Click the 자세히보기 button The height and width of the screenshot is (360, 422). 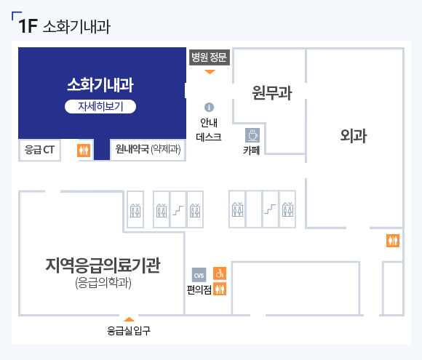point(100,107)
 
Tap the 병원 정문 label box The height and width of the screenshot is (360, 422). point(210,57)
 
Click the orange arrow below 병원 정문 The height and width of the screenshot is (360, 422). point(210,72)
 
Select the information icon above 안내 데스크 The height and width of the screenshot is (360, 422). point(209,107)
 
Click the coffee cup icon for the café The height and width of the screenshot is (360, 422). point(252,135)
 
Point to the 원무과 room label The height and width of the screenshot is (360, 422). point(272,93)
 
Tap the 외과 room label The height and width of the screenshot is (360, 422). point(354,135)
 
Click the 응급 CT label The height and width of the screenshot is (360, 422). point(39,150)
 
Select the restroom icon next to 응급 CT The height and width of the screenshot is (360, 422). point(84,151)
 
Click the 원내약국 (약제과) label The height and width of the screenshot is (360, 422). point(148,149)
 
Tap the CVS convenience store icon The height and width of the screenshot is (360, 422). point(199,275)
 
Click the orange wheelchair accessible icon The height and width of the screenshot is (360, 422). point(220,273)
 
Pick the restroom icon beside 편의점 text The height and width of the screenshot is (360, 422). point(220,289)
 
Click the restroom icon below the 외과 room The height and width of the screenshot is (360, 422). point(393,241)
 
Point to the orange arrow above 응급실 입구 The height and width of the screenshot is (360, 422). point(129,319)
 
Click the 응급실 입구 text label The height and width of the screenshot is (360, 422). point(129,331)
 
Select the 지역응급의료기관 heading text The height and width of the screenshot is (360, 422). point(103,265)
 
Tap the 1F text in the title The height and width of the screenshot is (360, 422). point(28,26)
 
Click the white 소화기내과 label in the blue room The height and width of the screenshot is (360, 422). point(100,85)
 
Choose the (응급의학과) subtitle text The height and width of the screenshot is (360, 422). point(103,283)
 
